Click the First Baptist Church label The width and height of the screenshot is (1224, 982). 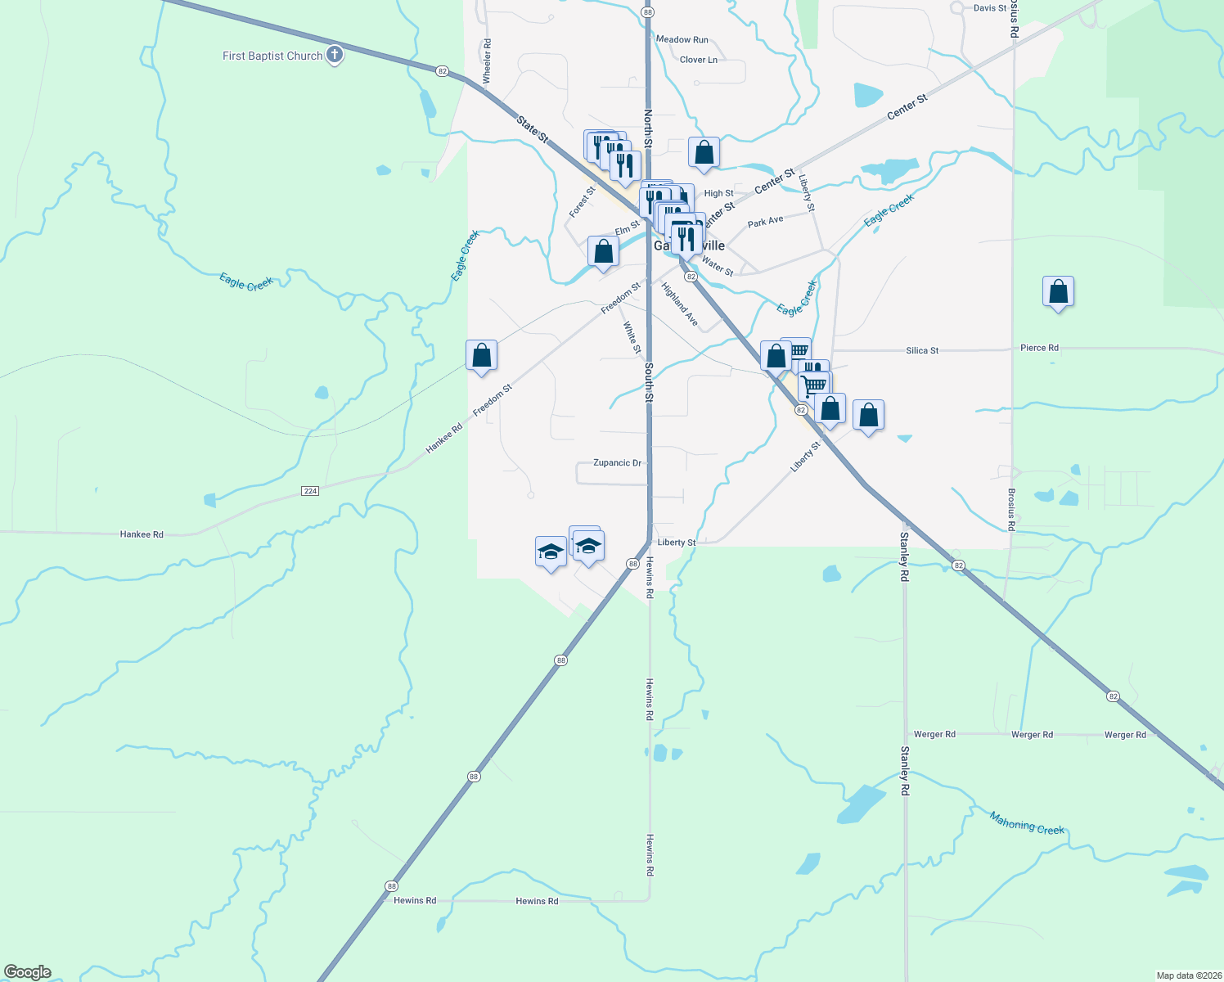[x=272, y=56]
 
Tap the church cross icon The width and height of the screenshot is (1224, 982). [x=334, y=56]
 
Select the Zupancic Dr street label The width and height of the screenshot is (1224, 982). [x=618, y=463]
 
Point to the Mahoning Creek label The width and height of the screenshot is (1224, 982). [x=1027, y=823]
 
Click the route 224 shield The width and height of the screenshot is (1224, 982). [x=310, y=491]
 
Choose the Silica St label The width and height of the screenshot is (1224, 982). [x=922, y=351]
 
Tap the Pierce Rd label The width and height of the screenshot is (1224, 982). [x=1039, y=348]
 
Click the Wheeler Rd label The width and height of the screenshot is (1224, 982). [x=487, y=61]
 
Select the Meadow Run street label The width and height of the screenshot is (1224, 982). [x=682, y=39]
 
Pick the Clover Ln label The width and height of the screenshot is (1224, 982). [x=698, y=60]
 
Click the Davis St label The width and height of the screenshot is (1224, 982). [x=990, y=8]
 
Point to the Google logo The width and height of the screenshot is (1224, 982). [x=28, y=972]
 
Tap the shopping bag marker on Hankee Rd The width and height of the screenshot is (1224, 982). [x=481, y=356]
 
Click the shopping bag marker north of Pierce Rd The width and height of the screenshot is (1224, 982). [x=1058, y=292]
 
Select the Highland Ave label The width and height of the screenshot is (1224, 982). [x=680, y=304]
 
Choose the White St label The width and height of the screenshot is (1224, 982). [x=632, y=338]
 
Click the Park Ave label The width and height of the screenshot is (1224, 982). [x=765, y=222]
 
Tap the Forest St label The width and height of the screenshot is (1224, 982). [x=583, y=202]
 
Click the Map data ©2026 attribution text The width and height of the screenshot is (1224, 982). [x=1187, y=975]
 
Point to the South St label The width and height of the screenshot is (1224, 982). [x=648, y=382]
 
